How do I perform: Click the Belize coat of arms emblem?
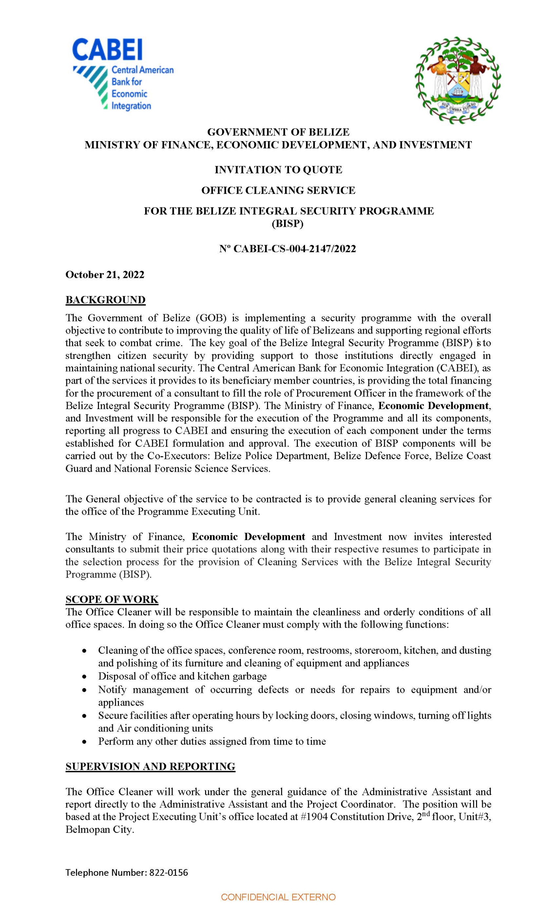(458, 80)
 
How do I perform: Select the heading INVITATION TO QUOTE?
(278, 170)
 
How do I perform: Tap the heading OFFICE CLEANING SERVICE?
(278, 191)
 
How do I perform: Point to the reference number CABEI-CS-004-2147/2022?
(294, 249)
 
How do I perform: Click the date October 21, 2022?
(105, 275)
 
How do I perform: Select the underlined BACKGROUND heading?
(105, 299)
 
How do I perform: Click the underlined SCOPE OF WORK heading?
(112, 599)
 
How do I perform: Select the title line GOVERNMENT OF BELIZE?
(278, 132)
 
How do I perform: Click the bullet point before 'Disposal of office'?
(85, 676)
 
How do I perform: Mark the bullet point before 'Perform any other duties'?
(85, 741)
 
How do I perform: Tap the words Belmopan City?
(99, 830)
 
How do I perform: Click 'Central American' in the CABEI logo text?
(143, 69)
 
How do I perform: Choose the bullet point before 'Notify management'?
(85, 690)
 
